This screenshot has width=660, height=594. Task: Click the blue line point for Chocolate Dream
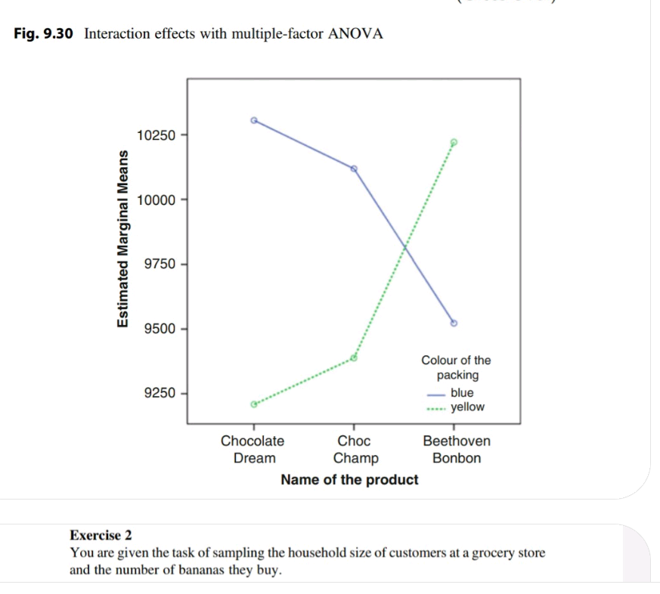pos(254,119)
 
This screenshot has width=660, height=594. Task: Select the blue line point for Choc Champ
pos(354,168)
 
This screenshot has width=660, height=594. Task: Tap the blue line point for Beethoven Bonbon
pos(454,323)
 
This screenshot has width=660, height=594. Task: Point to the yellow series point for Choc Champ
pos(354,357)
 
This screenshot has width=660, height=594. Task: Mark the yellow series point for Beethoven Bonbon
pos(454,142)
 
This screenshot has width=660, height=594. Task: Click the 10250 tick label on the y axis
pos(156,135)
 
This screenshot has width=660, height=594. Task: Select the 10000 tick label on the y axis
pos(156,200)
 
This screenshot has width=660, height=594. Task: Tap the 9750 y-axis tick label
pos(159,264)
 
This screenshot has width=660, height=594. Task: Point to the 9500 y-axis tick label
pos(159,329)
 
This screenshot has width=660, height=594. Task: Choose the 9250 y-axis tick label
pos(159,393)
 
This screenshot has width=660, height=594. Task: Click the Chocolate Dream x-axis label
pos(253,449)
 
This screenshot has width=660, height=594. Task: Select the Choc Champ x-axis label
pos(355,449)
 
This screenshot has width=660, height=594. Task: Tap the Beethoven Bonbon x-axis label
pos(457,449)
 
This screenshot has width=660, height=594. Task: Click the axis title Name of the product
pos(349,480)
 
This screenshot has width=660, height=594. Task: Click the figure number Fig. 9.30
pos(44,34)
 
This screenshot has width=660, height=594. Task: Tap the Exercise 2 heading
pos(101,536)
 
